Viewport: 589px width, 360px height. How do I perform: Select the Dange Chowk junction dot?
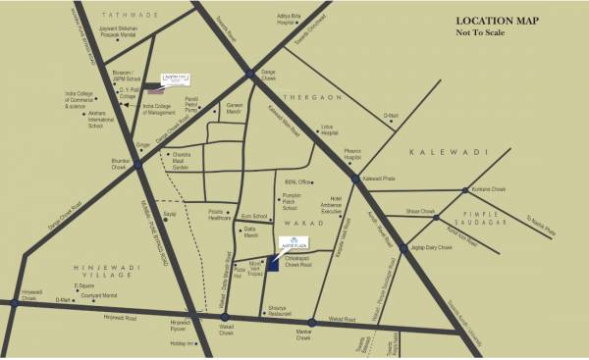[250, 75]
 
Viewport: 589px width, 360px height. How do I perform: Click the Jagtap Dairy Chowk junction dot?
[403, 249]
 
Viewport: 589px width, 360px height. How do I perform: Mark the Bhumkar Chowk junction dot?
[138, 166]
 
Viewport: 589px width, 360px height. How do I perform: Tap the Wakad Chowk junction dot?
[225, 317]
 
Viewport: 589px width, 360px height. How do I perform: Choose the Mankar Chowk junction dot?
[312, 323]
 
